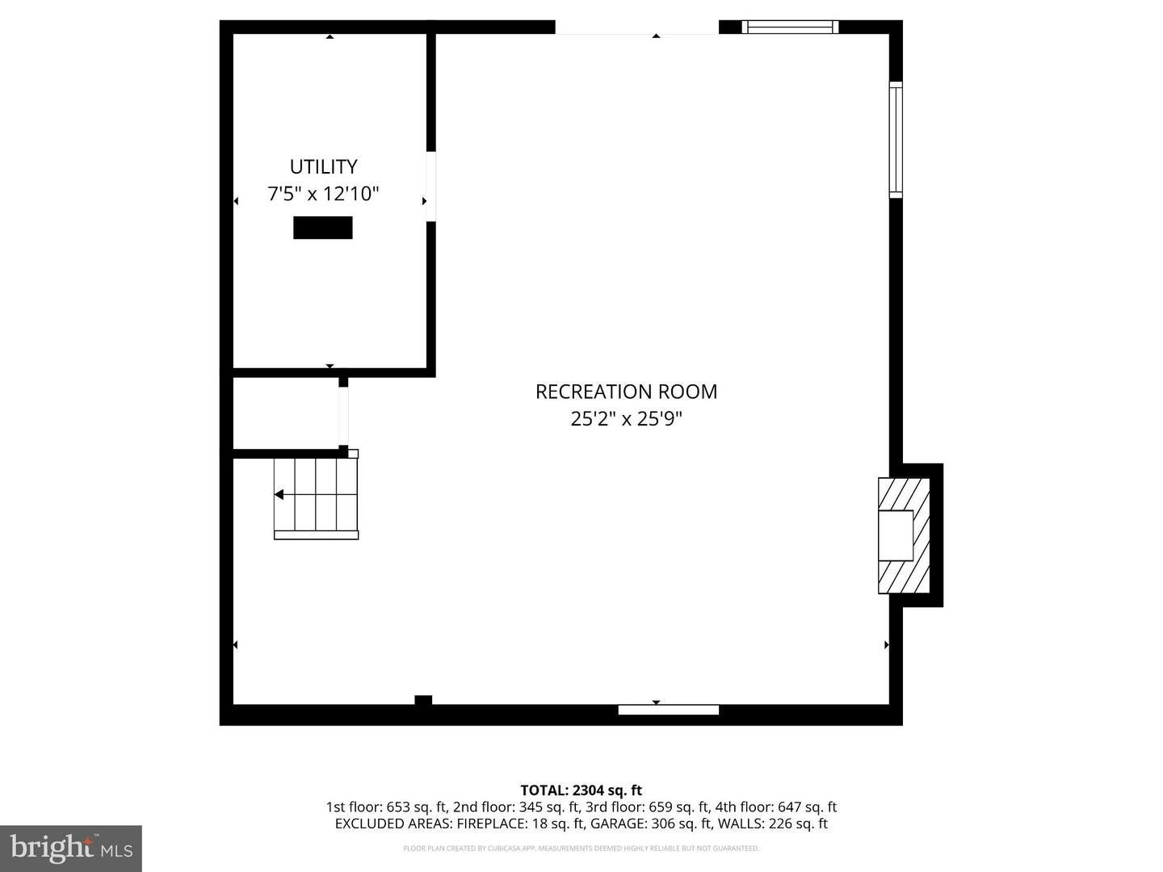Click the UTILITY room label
tap(323, 166)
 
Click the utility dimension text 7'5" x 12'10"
tap(323, 194)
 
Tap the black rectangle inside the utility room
tap(322, 228)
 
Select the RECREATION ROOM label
tap(626, 392)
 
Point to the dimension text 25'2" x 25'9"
tap(626, 419)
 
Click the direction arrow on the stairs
tap(279, 494)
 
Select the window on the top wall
tap(790, 27)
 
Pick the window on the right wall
tap(896, 140)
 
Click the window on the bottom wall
tap(668, 710)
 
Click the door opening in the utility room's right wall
tap(430, 187)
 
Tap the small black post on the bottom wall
tap(423, 700)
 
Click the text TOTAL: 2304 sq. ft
tap(581, 790)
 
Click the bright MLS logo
tap(71, 848)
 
